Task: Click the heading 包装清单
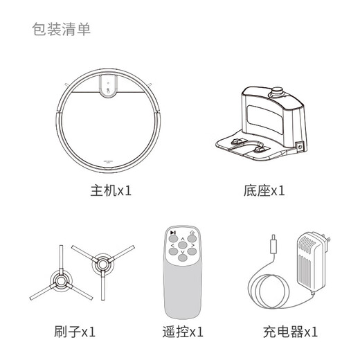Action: point(61,30)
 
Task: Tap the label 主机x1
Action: point(110,190)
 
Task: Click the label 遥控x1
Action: point(182,332)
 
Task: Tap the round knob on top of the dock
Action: point(278,91)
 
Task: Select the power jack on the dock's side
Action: point(299,147)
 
